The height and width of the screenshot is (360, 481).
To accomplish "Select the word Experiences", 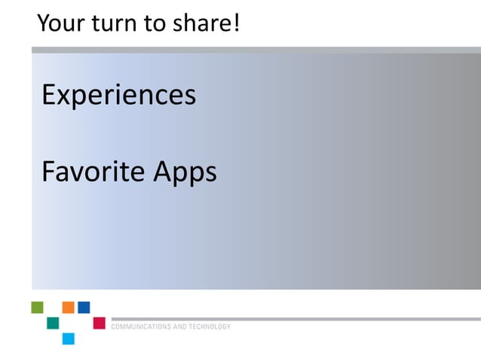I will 118,96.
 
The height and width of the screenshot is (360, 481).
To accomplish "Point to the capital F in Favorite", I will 48,172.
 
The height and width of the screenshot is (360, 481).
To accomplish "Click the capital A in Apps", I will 163,172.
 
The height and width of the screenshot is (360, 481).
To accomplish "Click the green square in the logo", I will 38,307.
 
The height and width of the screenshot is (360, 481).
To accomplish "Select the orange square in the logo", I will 68,307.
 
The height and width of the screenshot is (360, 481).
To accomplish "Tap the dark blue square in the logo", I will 84,307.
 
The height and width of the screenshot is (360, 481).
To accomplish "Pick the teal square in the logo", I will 53,323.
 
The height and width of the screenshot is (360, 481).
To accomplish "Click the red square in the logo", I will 99,323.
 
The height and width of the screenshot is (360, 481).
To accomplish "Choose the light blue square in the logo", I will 69,338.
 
